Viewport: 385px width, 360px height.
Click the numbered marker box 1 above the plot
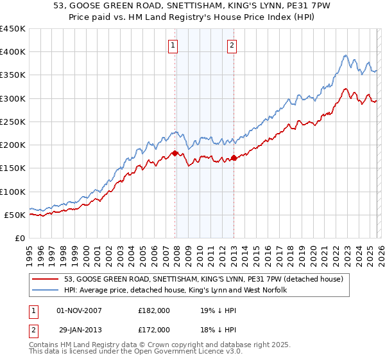[174, 45]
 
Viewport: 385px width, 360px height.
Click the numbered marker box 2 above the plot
[232, 45]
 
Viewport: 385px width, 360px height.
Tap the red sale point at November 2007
[175, 153]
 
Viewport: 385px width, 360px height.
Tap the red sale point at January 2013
[234, 157]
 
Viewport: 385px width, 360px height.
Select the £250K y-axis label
[13, 122]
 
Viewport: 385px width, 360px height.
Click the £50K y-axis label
[16, 215]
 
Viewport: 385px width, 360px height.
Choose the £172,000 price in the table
[154, 329]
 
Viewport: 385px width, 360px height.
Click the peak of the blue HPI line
[345, 55]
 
